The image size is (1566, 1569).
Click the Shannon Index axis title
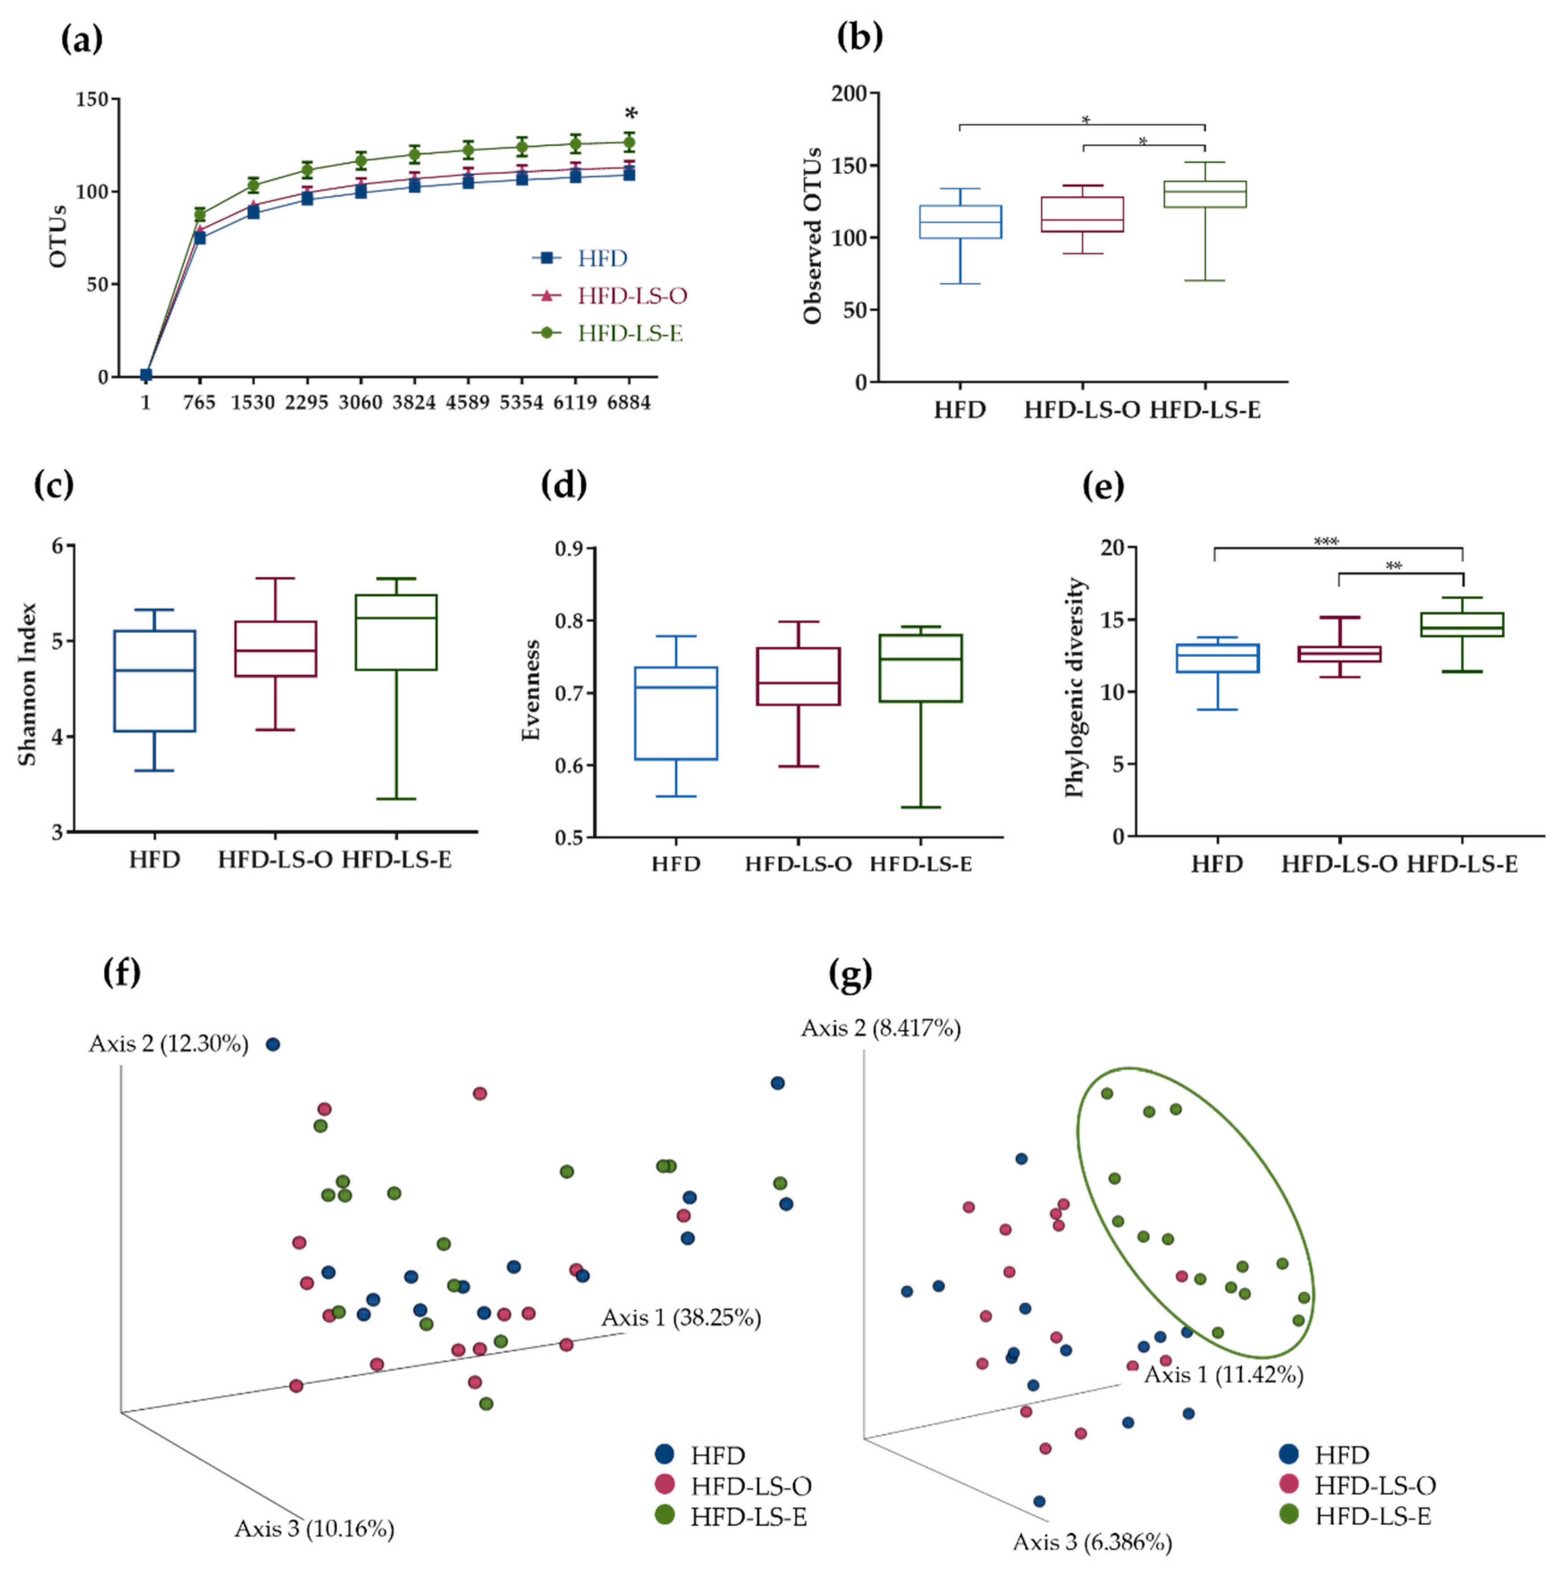coord(28,684)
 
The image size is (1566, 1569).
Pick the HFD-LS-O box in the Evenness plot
coord(798,677)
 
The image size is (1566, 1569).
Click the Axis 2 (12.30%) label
coord(169,1044)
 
